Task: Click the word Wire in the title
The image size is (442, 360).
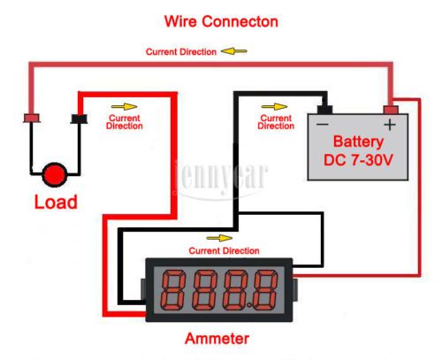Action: pyautogui.click(x=180, y=21)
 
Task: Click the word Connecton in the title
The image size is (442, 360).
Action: pyautogui.click(x=240, y=21)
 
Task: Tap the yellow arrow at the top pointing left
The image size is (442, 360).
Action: pyautogui.click(x=234, y=51)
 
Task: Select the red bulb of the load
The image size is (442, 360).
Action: pyautogui.click(x=55, y=174)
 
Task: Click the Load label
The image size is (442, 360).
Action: pyautogui.click(x=56, y=202)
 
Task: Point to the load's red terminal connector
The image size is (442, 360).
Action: pyautogui.click(x=32, y=118)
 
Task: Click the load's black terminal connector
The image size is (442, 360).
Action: pyautogui.click(x=79, y=119)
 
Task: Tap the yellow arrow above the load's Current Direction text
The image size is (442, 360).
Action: pyautogui.click(x=124, y=106)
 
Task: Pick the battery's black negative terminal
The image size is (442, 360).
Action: pyautogui.click(x=324, y=110)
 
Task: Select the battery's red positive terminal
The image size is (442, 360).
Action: pyautogui.click(x=391, y=110)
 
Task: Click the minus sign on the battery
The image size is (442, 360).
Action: pyautogui.click(x=322, y=125)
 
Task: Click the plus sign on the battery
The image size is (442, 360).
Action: pyautogui.click(x=390, y=125)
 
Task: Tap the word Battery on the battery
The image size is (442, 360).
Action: pyautogui.click(x=358, y=142)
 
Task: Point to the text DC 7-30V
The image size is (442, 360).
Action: pyautogui.click(x=358, y=160)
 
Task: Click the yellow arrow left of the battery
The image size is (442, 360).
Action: pyautogui.click(x=274, y=106)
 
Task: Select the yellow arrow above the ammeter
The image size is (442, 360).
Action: pyautogui.click(x=219, y=238)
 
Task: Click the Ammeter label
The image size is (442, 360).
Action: pyautogui.click(x=217, y=339)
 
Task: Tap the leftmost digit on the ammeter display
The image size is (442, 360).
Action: pyautogui.click(x=173, y=290)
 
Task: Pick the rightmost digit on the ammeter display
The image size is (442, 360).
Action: pyautogui.click(x=266, y=290)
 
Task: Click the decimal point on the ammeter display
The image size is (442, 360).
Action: pyautogui.click(x=249, y=305)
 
